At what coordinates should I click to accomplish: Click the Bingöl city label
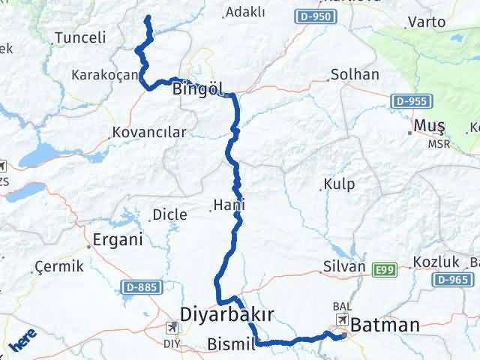click(198, 89)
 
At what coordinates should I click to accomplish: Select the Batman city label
click(385, 325)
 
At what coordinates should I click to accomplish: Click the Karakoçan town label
click(104, 74)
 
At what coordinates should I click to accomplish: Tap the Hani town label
click(229, 204)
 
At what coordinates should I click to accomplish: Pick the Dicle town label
click(169, 215)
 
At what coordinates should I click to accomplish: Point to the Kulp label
click(339, 184)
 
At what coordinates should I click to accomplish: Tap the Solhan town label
click(355, 75)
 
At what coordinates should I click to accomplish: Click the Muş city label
click(430, 126)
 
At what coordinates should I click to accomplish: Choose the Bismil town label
click(230, 345)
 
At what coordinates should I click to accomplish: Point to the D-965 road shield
click(451, 280)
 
